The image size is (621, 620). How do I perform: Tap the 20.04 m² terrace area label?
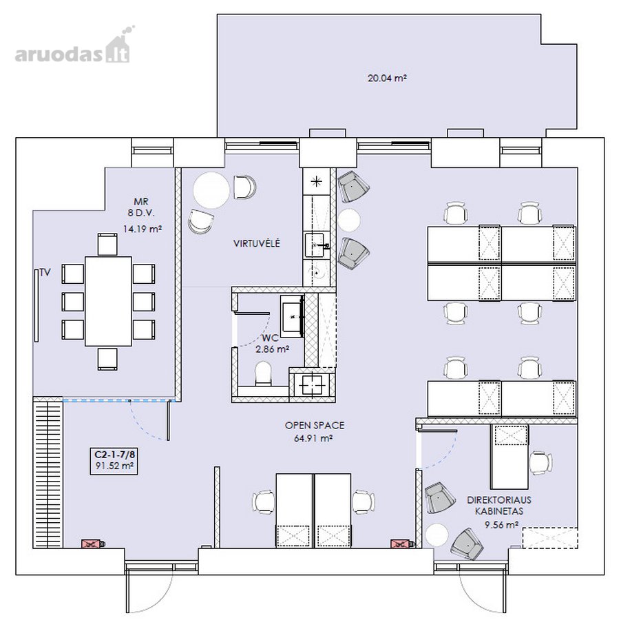(388, 78)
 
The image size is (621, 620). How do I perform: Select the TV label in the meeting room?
(45, 273)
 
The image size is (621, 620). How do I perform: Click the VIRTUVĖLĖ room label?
(257, 243)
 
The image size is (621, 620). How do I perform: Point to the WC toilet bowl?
(264, 373)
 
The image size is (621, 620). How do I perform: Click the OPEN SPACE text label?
(315, 426)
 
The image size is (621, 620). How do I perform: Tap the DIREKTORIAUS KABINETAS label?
(498, 506)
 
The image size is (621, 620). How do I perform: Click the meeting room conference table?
(108, 301)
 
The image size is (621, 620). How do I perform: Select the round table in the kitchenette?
(211, 190)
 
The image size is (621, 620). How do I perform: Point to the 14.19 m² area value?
(143, 229)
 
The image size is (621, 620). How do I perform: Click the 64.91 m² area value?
(313, 438)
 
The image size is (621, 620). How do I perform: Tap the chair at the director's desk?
(540, 463)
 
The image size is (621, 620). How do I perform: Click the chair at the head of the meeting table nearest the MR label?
(107, 245)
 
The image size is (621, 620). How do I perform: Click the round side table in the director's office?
(437, 535)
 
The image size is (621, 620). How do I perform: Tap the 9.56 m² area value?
(502, 525)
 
